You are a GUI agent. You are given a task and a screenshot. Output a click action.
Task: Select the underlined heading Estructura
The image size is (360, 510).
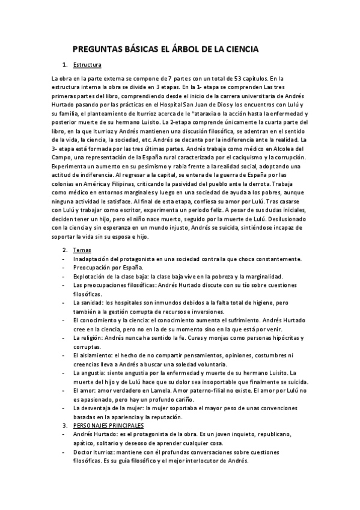pos(87,64)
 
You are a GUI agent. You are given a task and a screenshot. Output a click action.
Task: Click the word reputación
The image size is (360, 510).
pos(186,417)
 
